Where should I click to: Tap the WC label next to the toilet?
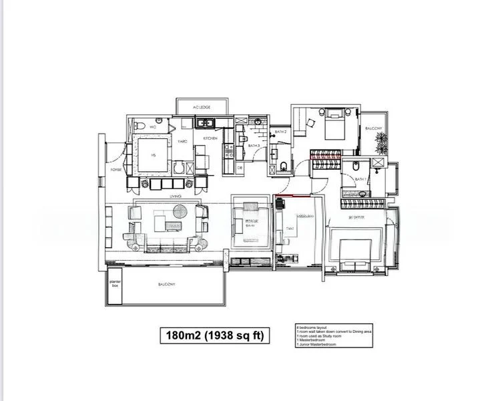(153, 126)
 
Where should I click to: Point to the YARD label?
(181, 141)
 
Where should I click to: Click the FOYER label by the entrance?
(115, 170)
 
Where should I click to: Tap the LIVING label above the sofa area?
(176, 196)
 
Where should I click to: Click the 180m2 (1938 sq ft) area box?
(214, 336)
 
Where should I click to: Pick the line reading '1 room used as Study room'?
(320, 338)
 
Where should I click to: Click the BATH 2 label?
(280, 132)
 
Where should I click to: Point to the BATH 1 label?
(359, 179)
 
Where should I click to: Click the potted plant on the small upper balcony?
(381, 142)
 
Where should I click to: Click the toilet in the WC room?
(138, 126)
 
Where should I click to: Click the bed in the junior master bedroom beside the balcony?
(332, 124)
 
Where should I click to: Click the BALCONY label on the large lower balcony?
(167, 285)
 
